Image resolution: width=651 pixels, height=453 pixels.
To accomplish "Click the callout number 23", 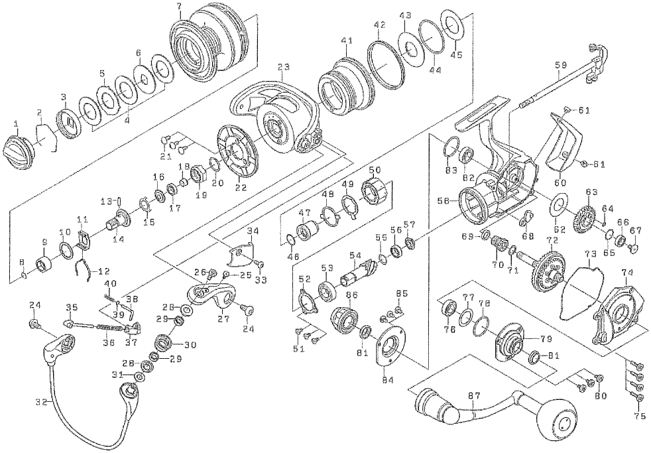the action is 284,67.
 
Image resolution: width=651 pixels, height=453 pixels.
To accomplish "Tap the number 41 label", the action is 347,41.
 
